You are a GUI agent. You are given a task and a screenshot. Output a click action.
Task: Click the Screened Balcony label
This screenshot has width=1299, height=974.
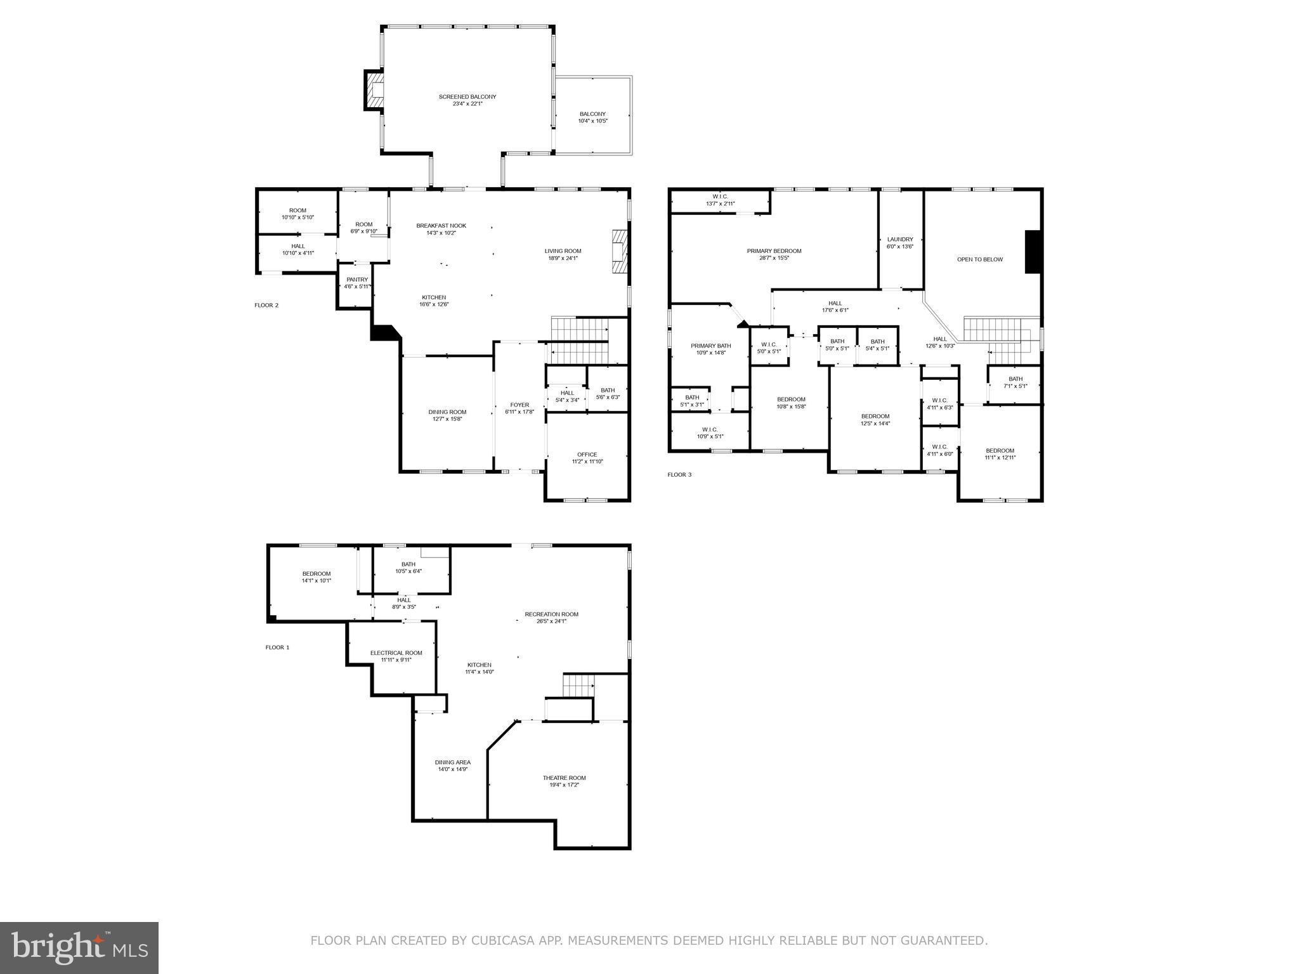tap(467, 100)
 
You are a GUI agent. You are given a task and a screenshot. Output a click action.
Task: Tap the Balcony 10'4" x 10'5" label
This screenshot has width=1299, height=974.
tap(592, 117)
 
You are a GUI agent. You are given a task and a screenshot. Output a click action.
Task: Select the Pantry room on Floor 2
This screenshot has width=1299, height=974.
tap(356, 283)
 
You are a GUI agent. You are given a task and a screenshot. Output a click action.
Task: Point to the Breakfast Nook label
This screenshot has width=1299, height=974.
tap(441, 229)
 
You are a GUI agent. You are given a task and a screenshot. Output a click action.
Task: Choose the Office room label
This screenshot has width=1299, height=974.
tap(587, 458)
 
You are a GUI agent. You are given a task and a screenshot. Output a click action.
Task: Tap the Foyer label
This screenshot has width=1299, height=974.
tap(519, 408)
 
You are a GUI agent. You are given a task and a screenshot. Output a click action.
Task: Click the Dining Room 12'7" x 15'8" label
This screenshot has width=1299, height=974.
tap(447, 415)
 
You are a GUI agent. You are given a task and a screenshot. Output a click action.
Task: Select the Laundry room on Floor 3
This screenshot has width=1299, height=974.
tap(899, 243)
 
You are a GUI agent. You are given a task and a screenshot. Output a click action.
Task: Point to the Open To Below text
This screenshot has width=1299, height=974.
tap(979, 259)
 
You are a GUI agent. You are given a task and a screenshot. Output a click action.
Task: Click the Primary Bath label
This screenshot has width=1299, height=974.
tap(710, 349)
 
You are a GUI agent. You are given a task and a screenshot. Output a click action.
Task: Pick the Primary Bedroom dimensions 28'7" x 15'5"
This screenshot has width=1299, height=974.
tap(774, 258)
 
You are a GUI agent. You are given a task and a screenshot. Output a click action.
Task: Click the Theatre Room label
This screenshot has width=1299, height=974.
tap(564, 781)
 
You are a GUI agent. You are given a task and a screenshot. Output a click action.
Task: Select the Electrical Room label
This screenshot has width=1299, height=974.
tap(396, 656)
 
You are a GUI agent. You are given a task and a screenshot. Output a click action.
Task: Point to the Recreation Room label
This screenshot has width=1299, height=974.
tap(551, 618)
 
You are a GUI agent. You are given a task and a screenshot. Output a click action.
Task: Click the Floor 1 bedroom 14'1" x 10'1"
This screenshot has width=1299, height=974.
tap(316, 577)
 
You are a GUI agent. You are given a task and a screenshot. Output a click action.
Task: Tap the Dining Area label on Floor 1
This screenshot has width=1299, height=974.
tap(452, 765)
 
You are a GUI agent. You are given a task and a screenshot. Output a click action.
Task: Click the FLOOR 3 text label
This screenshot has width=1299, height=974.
tap(679, 474)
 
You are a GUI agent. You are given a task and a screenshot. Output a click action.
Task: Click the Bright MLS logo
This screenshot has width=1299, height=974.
tap(79, 948)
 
